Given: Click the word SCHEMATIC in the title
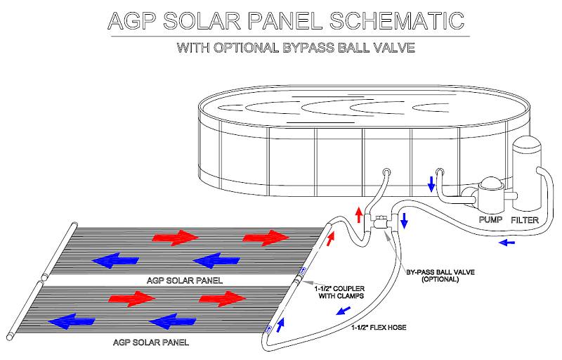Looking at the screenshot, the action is (397, 21).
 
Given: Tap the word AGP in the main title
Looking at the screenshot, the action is (131, 21).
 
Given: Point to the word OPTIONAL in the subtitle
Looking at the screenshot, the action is (245, 48).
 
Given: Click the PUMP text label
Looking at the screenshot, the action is (490, 220).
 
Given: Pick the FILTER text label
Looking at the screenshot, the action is (525, 220).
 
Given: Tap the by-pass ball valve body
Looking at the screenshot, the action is (380, 223).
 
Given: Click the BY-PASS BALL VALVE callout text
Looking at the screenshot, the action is (440, 276).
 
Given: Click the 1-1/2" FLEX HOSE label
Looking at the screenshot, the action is (379, 328).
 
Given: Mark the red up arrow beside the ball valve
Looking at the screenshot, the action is (359, 214).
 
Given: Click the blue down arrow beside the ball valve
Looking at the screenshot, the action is (405, 221).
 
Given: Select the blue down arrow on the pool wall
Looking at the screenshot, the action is (431, 184).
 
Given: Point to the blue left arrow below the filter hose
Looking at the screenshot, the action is (507, 243).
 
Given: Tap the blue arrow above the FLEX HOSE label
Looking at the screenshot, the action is (344, 311).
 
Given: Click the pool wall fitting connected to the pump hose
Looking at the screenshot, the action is (440, 172).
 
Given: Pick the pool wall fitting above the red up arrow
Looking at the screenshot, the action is (387, 172).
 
